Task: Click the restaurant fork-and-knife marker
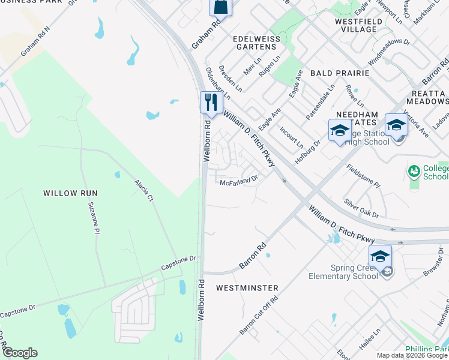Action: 210,102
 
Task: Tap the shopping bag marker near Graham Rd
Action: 220,7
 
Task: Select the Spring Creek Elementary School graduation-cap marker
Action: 380,256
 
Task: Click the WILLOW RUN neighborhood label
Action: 70,193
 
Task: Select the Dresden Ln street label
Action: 230,78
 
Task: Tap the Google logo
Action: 20,353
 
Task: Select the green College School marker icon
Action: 413,172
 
